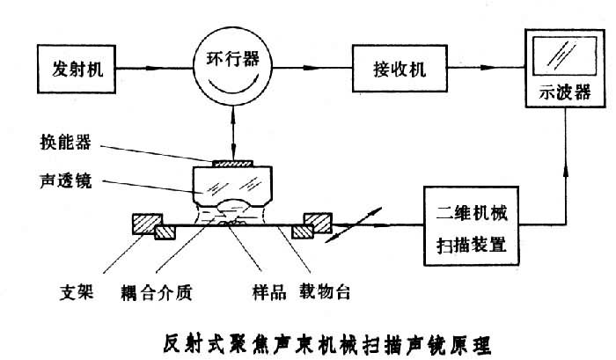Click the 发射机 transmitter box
click(78, 69)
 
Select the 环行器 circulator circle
click(225, 68)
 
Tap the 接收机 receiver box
click(392, 68)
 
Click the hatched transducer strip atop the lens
click(225, 163)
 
